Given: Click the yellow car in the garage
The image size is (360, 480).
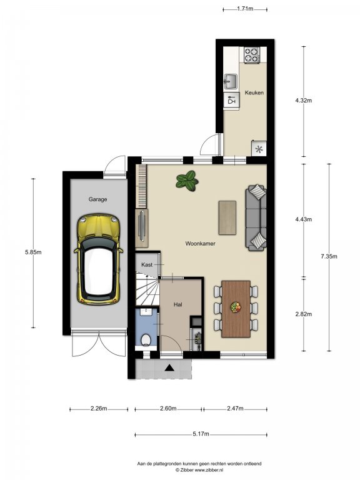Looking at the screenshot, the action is coord(98,259).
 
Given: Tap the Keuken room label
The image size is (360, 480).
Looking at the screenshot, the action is coord(254,92).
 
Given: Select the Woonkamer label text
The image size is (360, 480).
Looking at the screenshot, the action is coord(200,244).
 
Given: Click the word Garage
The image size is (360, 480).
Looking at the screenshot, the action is coord(97,199).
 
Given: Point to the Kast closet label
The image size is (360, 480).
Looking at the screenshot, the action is coord(147,265).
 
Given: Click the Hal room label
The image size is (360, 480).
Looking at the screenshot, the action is coord(178,304).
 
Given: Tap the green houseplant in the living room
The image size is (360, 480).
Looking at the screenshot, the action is coord(187,181).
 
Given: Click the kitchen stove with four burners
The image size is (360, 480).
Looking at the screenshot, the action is coord(252,55).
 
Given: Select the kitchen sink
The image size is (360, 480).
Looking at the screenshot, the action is coord(231,81).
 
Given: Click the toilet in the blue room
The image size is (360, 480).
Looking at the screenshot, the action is coord(146,340).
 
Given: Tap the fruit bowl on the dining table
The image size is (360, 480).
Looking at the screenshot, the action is coord(236,307).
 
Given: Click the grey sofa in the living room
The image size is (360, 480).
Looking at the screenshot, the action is coord(256,217).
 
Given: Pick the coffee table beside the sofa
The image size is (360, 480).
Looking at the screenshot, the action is coord(227,217).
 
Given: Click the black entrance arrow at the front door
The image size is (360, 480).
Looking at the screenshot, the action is coord(169,367).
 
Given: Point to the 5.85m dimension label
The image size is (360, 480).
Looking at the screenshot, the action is coord(33,252).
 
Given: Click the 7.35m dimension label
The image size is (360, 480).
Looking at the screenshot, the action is coord(329,256).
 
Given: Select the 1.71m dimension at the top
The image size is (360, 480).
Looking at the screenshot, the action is coord(245,9).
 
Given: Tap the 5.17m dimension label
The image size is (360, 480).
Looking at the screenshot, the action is coord(201,434).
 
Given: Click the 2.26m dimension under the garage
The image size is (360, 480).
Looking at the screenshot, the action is coord(99,408).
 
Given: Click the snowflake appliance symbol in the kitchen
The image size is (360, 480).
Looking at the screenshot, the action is coord(259,149).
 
